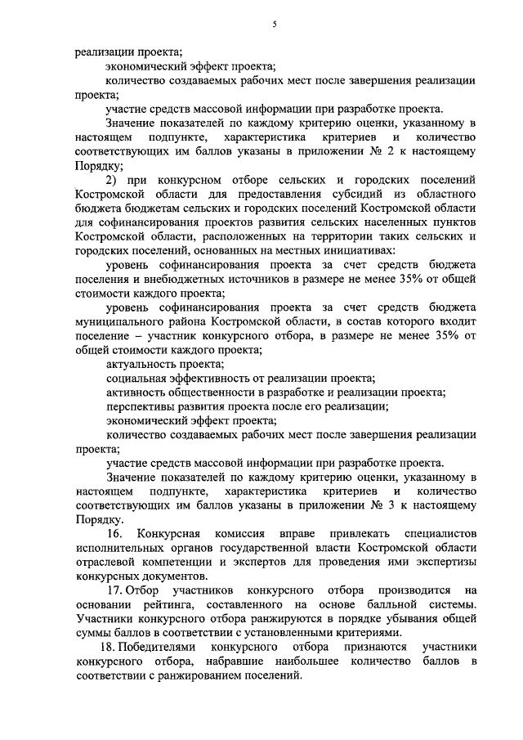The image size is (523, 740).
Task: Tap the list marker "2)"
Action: point(113,179)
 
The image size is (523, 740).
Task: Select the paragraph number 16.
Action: point(113,532)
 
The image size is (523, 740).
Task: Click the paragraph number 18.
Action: point(114,646)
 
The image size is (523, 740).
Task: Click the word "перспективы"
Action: point(141,406)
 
